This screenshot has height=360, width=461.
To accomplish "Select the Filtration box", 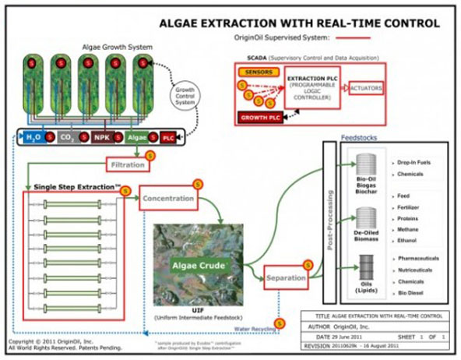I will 126,164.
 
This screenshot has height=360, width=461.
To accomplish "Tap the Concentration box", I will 167,199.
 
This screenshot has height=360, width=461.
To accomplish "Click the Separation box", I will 286,277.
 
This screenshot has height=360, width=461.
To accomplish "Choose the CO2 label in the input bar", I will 69,138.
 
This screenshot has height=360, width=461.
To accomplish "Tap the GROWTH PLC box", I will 260,118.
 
